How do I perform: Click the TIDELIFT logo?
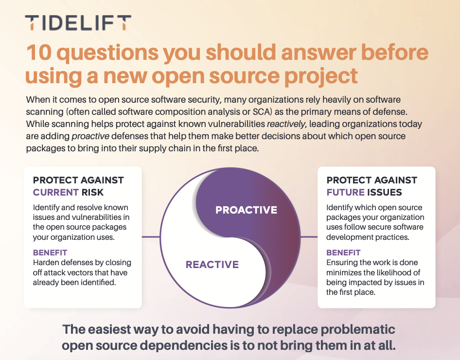(x=78, y=23)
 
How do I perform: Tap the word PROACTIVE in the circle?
(x=246, y=210)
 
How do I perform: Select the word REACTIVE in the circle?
(x=212, y=264)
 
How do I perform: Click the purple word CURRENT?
(x=56, y=192)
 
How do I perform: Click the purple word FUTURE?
(x=346, y=192)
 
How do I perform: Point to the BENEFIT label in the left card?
(x=50, y=252)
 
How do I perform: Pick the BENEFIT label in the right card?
(x=343, y=252)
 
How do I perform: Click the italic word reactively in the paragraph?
(x=286, y=124)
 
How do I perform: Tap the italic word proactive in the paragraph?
(x=90, y=136)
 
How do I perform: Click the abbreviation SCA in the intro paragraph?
(x=260, y=112)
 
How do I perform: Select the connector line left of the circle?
(x=151, y=237)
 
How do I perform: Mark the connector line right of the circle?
(x=309, y=237)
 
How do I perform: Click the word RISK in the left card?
(x=92, y=192)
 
